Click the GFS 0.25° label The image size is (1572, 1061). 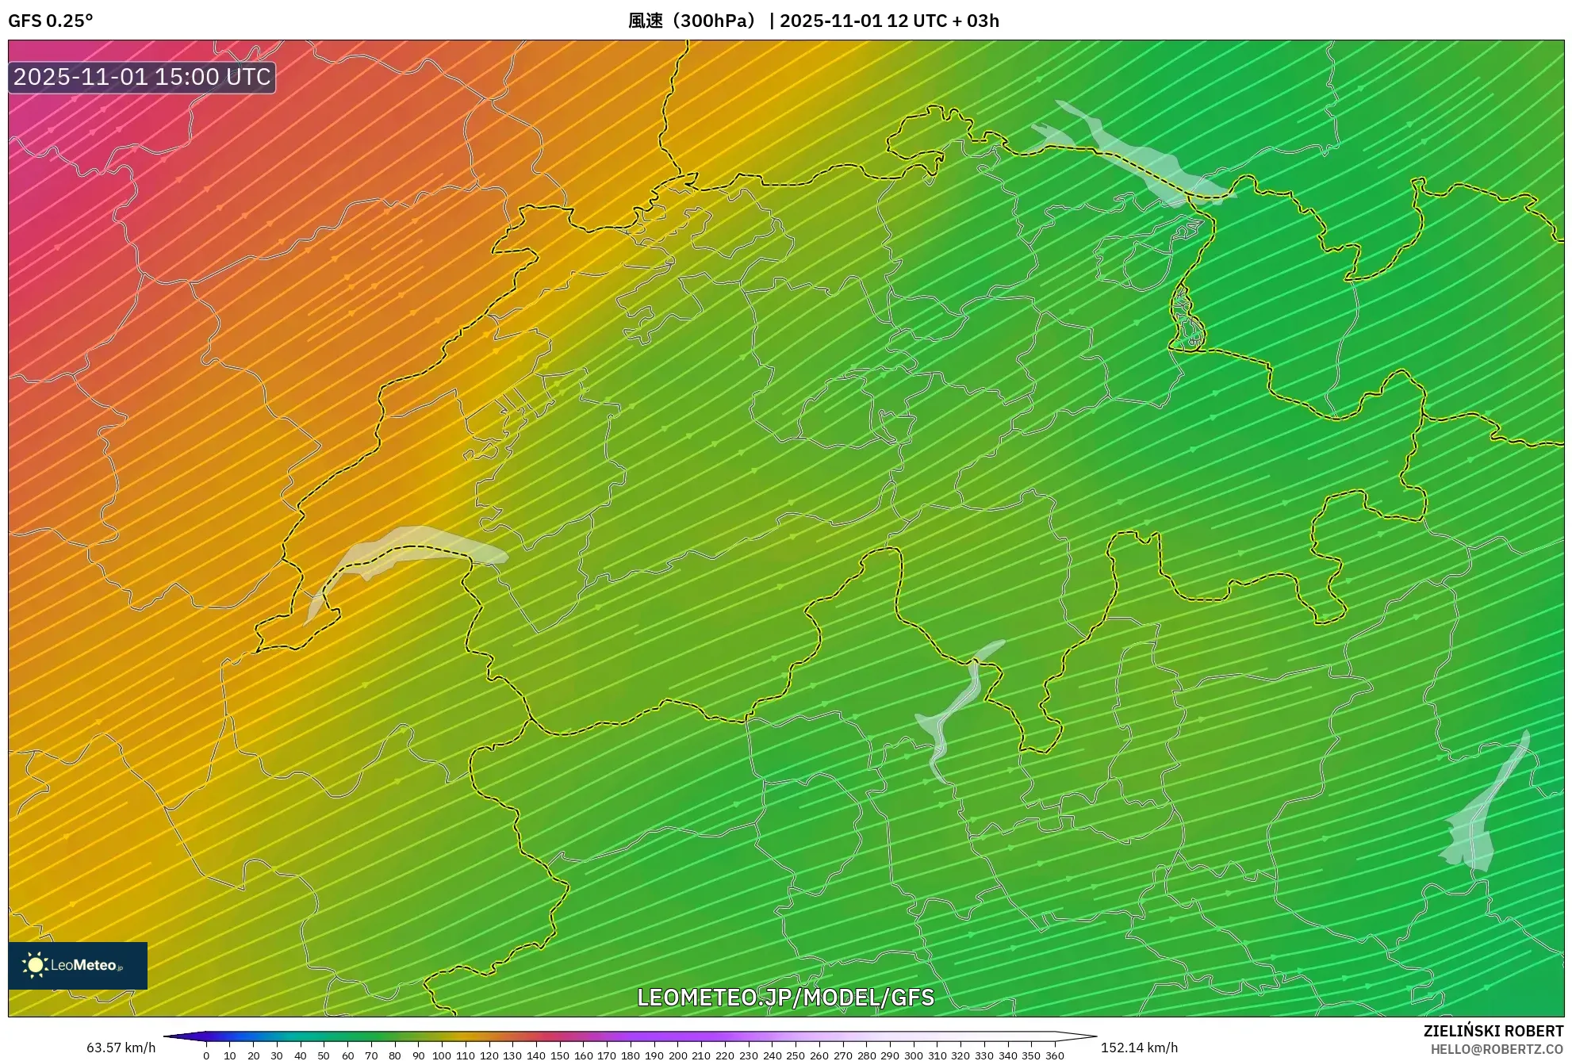click(x=50, y=21)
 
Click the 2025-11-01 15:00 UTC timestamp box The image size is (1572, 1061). click(x=142, y=77)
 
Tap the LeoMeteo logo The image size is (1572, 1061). click(x=77, y=965)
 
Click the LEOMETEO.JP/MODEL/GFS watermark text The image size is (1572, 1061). click(x=785, y=997)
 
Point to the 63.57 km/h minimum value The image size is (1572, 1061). click(x=121, y=1048)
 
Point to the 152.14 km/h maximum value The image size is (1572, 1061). click(x=1139, y=1048)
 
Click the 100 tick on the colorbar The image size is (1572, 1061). click(x=442, y=1055)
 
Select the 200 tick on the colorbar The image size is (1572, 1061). click(x=677, y=1055)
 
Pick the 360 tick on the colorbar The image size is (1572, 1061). click(x=1054, y=1055)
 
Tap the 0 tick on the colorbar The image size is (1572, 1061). click(x=206, y=1055)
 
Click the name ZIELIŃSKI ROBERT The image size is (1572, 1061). click(x=1493, y=1031)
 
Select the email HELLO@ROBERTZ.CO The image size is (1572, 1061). click(x=1497, y=1049)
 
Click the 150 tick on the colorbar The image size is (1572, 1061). click(x=560, y=1055)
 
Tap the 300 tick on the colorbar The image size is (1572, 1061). click(x=913, y=1055)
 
